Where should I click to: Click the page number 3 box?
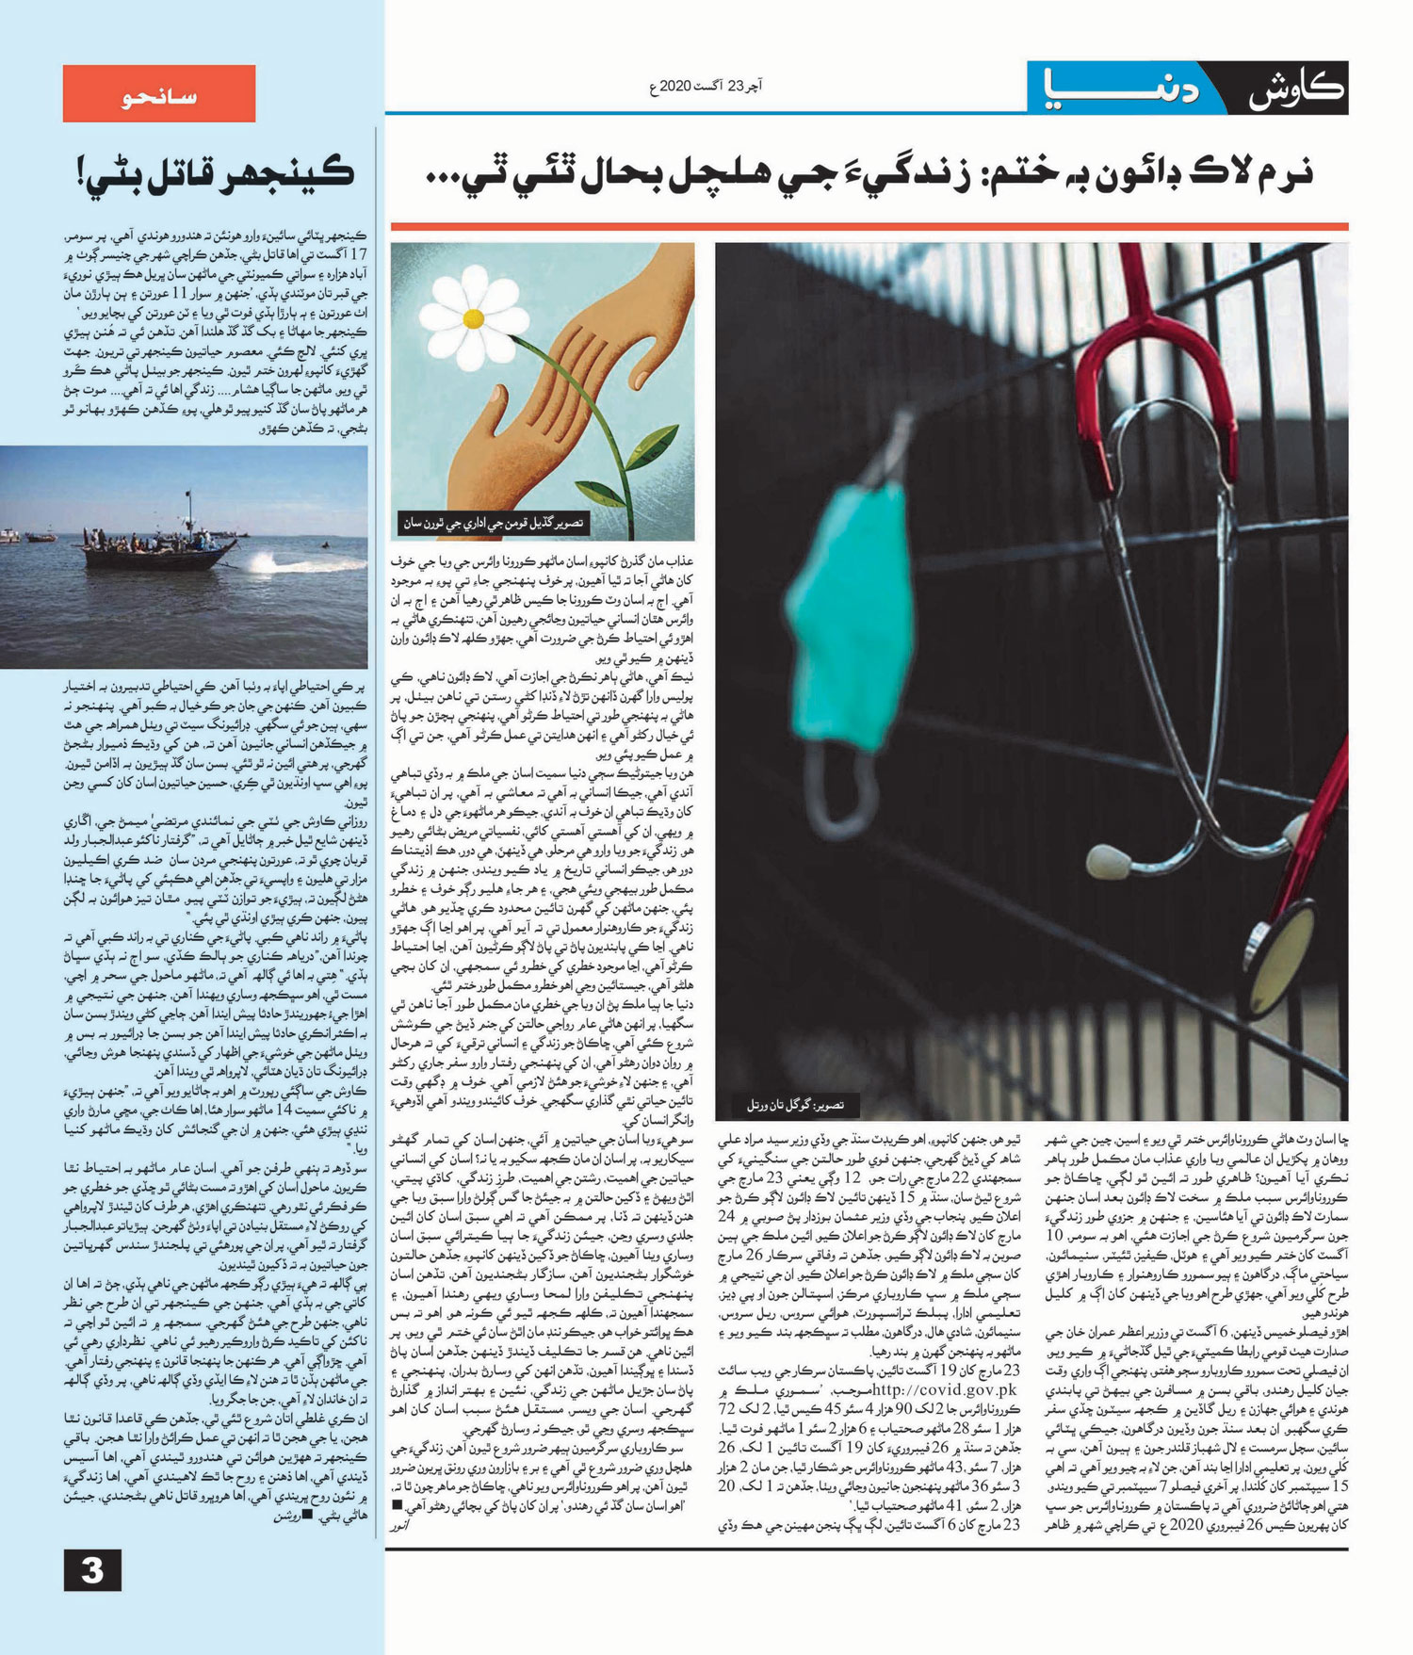point(92,1570)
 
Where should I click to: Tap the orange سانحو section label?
point(159,93)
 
